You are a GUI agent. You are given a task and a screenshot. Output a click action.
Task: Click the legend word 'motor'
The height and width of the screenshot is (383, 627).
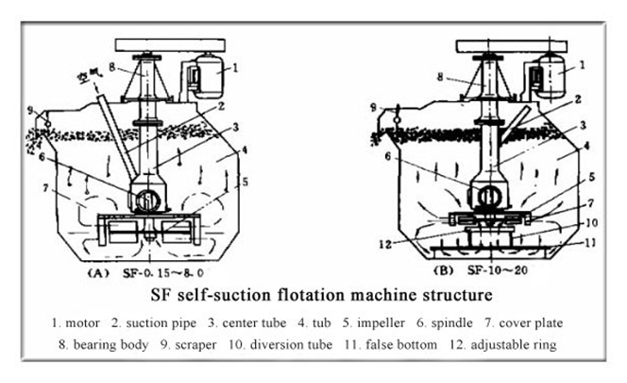83,322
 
